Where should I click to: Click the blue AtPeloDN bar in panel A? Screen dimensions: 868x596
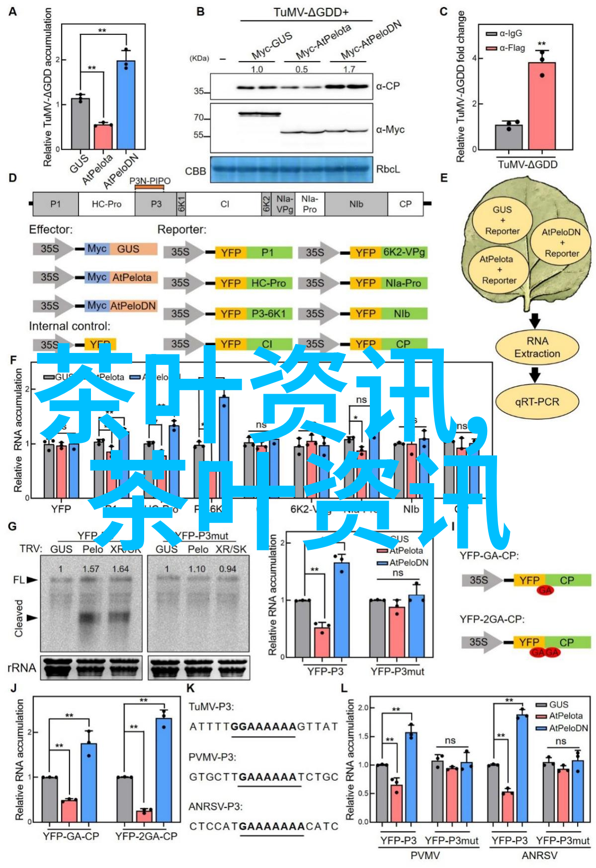(x=126, y=104)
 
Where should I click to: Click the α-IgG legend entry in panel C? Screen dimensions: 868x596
(x=505, y=33)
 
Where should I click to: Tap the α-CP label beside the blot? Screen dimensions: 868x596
(x=388, y=86)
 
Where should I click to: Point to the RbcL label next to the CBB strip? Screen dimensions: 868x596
(x=388, y=169)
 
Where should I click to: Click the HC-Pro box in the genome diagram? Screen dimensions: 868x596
(x=106, y=204)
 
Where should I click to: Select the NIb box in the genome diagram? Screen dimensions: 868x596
(x=356, y=204)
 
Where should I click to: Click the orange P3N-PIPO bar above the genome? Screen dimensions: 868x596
(x=150, y=187)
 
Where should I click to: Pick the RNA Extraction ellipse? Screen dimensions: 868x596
(x=537, y=347)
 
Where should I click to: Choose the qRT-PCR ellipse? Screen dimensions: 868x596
(x=537, y=402)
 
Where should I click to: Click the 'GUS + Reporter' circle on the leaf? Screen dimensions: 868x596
(x=502, y=220)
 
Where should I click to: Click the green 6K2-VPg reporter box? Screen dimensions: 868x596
(x=404, y=253)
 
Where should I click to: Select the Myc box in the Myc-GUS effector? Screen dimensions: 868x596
(x=97, y=249)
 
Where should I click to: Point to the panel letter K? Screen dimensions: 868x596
(x=190, y=688)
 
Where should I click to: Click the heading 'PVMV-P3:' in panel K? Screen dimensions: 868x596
(x=212, y=757)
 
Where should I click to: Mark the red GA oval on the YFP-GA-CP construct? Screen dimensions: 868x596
(x=545, y=590)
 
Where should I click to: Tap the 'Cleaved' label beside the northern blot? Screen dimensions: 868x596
(x=19, y=618)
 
